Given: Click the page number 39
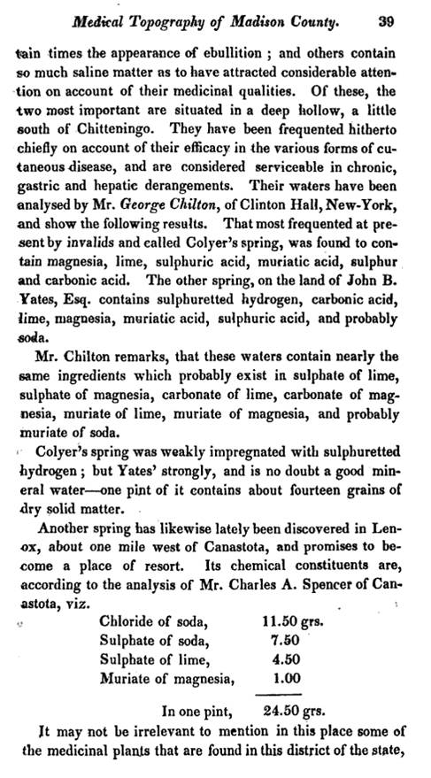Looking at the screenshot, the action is [383, 17].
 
